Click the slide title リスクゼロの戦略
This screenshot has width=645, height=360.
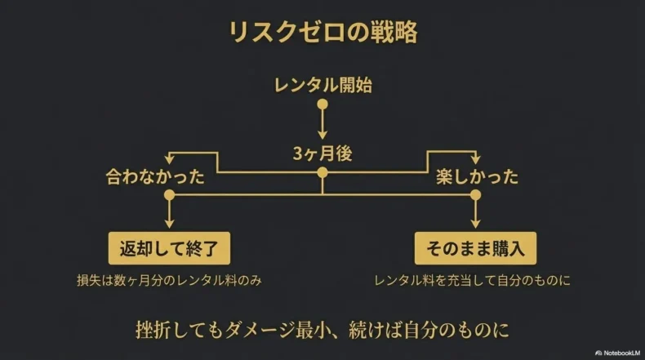pos(322,33)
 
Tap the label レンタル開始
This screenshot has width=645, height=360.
pos(322,84)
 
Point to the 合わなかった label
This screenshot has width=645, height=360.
pos(155,176)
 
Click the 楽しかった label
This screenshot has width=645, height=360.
pos(478,176)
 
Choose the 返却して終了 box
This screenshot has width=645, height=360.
pos(170,247)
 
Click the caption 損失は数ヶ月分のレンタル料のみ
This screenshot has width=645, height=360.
pos(170,280)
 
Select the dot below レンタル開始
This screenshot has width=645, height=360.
pos(322,104)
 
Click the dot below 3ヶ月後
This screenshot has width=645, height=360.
pos(322,172)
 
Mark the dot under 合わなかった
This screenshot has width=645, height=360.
pos(170,195)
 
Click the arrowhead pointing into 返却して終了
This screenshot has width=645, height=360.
pos(170,223)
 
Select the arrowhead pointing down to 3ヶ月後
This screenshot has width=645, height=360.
pos(322,136)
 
